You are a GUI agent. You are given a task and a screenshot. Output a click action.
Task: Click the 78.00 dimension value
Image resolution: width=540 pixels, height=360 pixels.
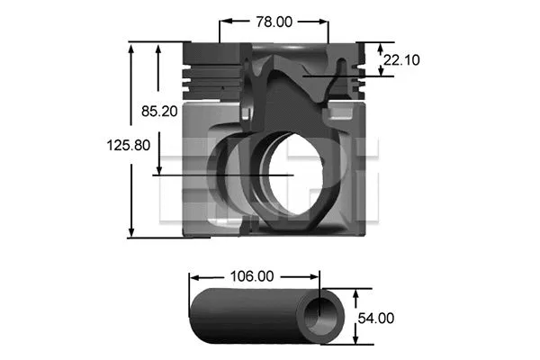click(x=274, y=20)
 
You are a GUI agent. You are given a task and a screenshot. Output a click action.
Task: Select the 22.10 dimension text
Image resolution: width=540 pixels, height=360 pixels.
click(x=400, y=60)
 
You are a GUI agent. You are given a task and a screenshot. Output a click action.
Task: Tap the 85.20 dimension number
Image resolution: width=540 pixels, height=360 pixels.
click(x=160, y=111)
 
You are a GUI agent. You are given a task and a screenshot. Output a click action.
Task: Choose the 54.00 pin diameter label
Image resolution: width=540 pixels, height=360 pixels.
click(x=376, y=318)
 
